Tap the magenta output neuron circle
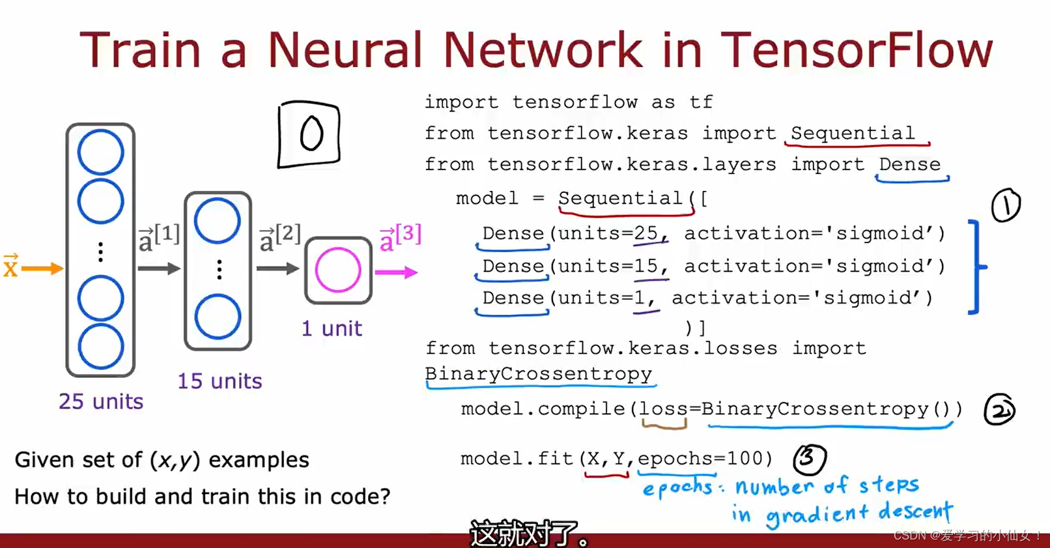338,270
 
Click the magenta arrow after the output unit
396,272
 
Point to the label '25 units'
101,401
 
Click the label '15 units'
220,381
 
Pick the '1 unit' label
332,328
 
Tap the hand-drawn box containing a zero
309,134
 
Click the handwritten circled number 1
1006,205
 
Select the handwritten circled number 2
999,410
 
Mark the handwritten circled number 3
809,459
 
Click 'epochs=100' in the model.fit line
704,459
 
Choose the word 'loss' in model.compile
663,409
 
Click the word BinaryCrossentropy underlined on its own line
538,374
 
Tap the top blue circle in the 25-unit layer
100,152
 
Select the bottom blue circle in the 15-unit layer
218,317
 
